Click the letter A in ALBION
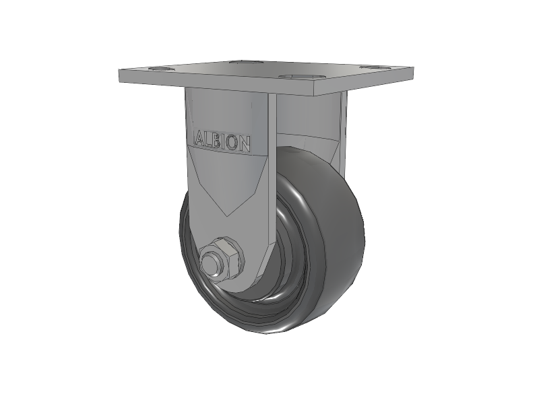click(x=200, y=140)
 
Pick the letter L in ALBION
click(x=209, y=141)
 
